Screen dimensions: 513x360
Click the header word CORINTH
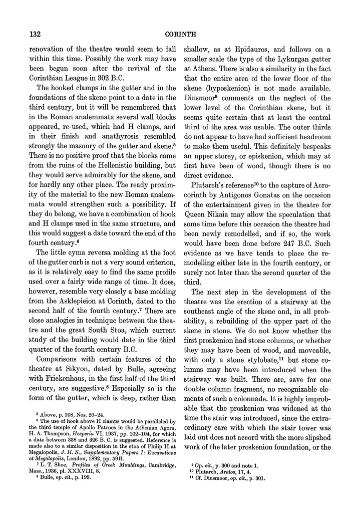(180, 34)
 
